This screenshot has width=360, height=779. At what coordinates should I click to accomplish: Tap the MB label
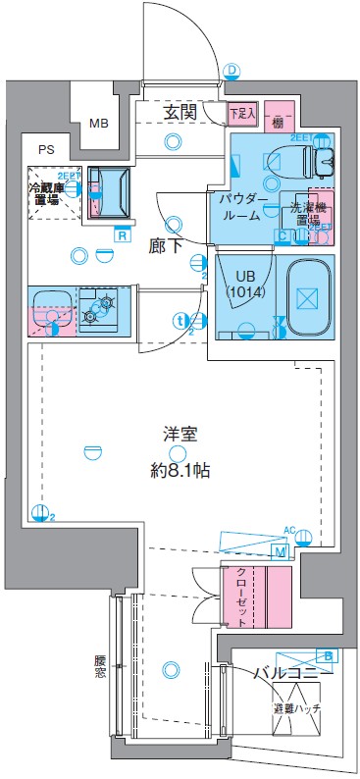(99, 124)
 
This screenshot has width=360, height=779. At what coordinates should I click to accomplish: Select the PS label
(46, 150)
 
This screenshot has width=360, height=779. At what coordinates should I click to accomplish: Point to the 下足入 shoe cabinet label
(242, 114)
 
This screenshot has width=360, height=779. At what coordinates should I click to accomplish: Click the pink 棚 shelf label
(279, 122)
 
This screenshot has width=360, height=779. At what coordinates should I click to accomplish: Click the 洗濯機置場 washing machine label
(308, 213)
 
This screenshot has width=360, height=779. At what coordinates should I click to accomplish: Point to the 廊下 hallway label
(165, 246)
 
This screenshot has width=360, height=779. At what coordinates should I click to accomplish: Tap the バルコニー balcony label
(292, 674)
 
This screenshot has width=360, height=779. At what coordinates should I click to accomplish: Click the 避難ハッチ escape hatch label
(296, 707)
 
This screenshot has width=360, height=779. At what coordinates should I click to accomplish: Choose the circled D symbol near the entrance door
(232, 70)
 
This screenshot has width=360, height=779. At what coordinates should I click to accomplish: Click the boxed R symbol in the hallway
(122, 234)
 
